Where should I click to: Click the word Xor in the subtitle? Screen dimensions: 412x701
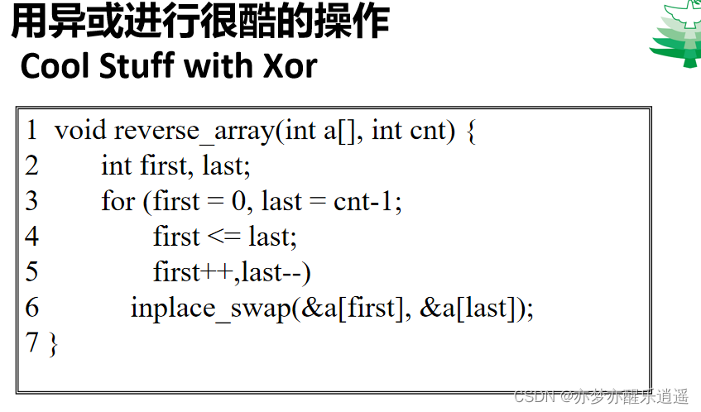tap(289, 66)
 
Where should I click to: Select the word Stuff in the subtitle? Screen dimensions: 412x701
tap(139, 66)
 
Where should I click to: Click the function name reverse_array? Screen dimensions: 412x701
tap(194, 131)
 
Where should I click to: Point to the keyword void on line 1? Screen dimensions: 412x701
tap(80, 131)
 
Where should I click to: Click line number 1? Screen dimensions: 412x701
tap(32, 131)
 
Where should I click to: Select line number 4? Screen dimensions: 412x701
tap(32, 237)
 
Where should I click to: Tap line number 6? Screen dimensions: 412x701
tap(32, 309)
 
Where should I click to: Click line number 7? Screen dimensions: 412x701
tap(32, 343)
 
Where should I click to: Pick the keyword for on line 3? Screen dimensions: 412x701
tap(118, 202)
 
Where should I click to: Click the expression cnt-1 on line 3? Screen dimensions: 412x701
tap(367, 202)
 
